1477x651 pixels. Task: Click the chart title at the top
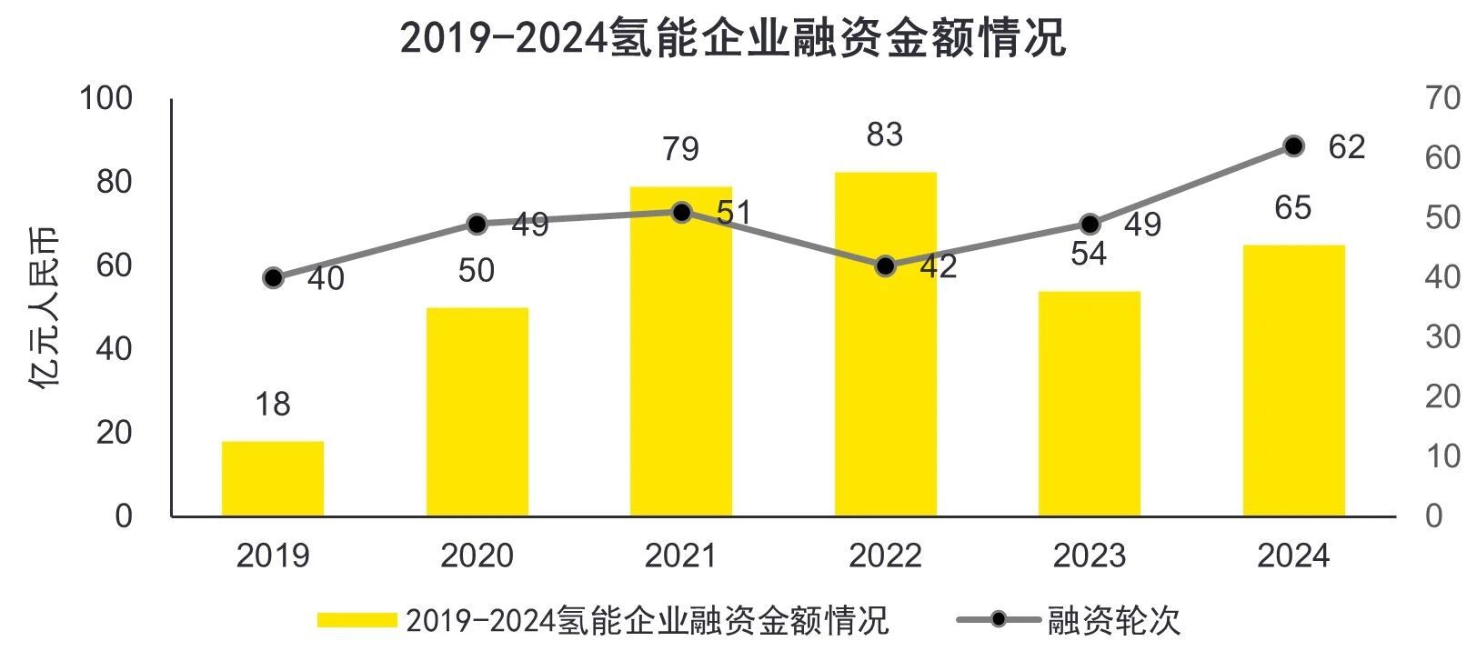point(732,39)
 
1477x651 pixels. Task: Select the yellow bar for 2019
point(273,479)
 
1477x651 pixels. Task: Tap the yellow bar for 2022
point(885,345)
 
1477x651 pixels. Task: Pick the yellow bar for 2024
point(1293,381)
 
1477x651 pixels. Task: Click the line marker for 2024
point(1293,146)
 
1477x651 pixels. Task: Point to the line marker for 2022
point(885,266)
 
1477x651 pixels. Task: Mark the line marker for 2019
point(273,278)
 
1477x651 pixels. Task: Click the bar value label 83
point(885,135)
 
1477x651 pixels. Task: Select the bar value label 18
point(273,404)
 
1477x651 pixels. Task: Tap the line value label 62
point(1346,147)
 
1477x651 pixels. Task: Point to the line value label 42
point(938,266)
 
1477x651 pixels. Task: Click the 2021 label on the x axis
point(681,556)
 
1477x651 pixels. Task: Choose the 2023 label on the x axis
point(1089,556)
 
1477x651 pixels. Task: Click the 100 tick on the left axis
point(105,98)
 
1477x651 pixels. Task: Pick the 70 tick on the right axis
point(1442,98)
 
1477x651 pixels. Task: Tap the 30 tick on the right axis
point(1442,337)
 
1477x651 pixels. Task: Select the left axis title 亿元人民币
point(44,307)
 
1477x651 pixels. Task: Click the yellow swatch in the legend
point(357,620)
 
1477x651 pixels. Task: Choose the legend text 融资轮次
point(1113,620)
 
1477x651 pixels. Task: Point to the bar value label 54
point(1089,255)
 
